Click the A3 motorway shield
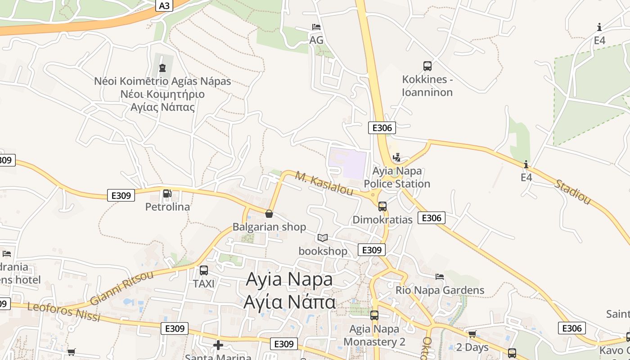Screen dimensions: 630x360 tap(165, 5)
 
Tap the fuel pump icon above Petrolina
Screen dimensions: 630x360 tap(167, 193)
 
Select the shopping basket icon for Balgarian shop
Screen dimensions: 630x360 tap(269, 214)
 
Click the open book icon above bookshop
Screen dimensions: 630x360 tap(323, 238)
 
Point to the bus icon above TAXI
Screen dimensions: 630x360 tap(204, 270)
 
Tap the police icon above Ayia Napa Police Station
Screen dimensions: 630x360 tap(396, 157)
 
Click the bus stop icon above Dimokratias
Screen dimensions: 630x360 tap(382, 207)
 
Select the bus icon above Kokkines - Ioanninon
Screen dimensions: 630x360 tap(427, 66)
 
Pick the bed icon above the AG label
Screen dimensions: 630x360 tap(316, 27)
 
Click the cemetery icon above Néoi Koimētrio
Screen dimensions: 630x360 tap(162, 68)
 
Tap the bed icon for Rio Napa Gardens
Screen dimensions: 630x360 tap(440, 276)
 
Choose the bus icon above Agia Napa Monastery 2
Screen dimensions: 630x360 tap(374, 315)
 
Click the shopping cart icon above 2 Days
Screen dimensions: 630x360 tap(472, 334)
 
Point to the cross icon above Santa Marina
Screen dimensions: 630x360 tap(218, 345)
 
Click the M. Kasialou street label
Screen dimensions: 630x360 tap(324, 183)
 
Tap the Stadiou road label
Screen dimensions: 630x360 tap(572, 192)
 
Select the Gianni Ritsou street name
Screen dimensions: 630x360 tap(121, 288)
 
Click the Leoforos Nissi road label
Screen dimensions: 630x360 tap(63, 312)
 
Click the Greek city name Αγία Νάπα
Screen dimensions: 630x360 tap(289, 301)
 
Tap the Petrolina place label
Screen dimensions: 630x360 tap(167, 207)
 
